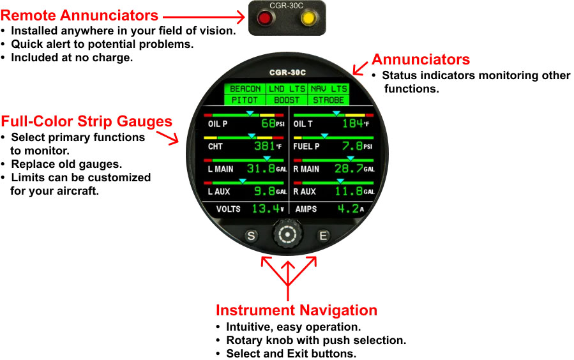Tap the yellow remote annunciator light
[x=308, y=18]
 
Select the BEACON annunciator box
[x=245, y=89]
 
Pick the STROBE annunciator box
[x=328, y=100]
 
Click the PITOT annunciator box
[x=245, y=100]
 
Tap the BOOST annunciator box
[x=287, y=100]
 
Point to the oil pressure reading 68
[x=268, y=123]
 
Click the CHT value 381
[x=264, y=146]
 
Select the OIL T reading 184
[x=352, y=123]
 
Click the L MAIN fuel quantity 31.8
[x=261, y=169]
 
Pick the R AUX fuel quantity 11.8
[x=349, y=191]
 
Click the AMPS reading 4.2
[x=348, y=209]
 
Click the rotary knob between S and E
[x=287, y=234]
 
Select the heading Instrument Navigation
[x=296, y=310]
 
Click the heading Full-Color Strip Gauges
[x=86, y=121]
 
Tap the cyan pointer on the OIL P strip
[x=250, y=114]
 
